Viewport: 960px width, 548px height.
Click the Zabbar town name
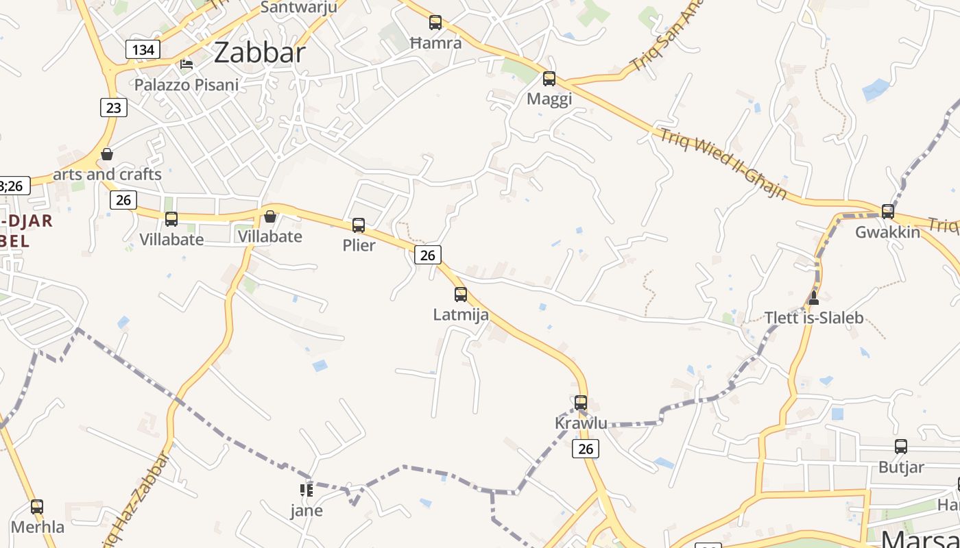[259, 53]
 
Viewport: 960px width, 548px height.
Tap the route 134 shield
[143, 49]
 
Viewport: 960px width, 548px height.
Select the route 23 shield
[113, 108]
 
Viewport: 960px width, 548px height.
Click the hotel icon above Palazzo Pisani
[186, 64]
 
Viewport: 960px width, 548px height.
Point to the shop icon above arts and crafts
[106, 154]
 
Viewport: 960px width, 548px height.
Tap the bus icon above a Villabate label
[171, 219]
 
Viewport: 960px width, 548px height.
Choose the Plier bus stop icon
[359, 225]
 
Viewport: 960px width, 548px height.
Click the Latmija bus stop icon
[461, 295]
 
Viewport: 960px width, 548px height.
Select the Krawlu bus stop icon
[581, 403]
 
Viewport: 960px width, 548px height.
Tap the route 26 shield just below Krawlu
[585, 449]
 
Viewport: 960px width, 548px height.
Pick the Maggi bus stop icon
[549, 79]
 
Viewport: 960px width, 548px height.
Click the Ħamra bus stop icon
[435, 23]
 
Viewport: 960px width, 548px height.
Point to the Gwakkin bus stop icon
[888, 212]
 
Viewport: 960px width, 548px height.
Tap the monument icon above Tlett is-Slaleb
[814, 297]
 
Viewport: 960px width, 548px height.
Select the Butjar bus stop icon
[901, 447]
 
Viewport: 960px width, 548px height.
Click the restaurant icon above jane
[306, 490]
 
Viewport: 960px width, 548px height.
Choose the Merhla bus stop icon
[37, 507]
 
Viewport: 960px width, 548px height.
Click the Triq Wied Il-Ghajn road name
[723, 164]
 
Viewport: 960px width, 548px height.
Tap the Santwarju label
[299, 8]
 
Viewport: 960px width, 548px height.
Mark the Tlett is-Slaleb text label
[814, 318]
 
